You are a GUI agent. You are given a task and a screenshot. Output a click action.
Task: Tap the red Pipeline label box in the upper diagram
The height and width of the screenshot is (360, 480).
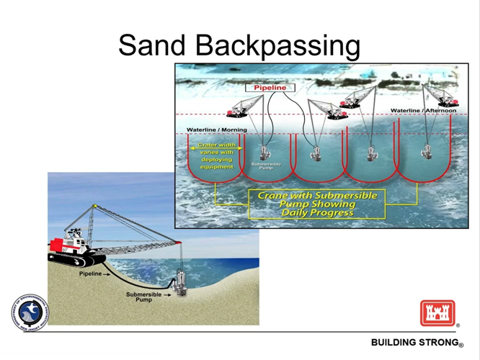tap(270, 88)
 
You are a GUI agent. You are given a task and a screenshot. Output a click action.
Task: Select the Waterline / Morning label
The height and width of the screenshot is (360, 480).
tap(216, 130)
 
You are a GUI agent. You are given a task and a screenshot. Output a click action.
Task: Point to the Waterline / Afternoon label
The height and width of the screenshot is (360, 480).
tap(424, 111)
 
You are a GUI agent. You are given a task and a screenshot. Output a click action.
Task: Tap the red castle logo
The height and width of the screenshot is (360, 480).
tap(437, 313)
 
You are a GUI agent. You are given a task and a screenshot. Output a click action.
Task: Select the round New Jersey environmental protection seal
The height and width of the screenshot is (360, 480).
tap(30, 314)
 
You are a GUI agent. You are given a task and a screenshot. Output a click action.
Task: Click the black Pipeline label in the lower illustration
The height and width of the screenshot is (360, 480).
tap(91, 274)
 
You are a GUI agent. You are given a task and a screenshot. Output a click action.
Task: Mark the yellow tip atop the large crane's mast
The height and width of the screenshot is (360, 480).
tap(93, 208)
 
